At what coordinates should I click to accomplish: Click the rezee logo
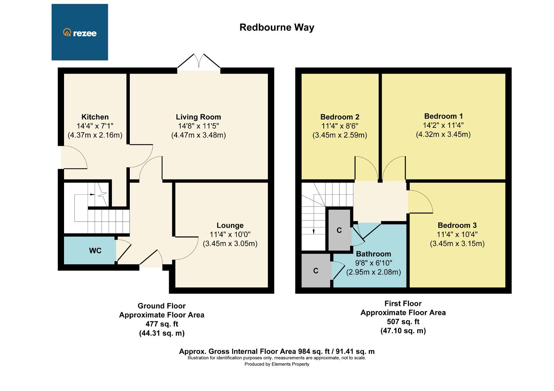(x=80, y=33)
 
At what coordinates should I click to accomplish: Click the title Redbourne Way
(x=277, y=27)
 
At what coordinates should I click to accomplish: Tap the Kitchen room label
(x=95, y=117)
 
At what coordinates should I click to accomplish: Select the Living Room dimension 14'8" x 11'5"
(x=198, y=126)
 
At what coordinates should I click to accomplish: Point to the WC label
(x=95, y=251)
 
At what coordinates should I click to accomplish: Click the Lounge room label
(x=230, y=226)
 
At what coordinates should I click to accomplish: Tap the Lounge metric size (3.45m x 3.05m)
(x=230, y=244)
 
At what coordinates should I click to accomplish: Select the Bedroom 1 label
(x=443, y=116)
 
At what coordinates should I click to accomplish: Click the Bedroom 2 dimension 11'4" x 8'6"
(x=340, y=126)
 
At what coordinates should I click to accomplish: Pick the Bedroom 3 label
(x=457, y=226)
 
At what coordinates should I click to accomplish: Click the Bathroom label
(x=373, y=254)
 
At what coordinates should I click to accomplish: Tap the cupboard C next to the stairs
(x=339, y=230)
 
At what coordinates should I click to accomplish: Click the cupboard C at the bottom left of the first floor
(x=315, y=271)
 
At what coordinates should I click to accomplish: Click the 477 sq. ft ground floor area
(x=162, y=324)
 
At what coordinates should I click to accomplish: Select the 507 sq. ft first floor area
(x=403, y=321)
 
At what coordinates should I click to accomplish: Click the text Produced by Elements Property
(x=277, y=364)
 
